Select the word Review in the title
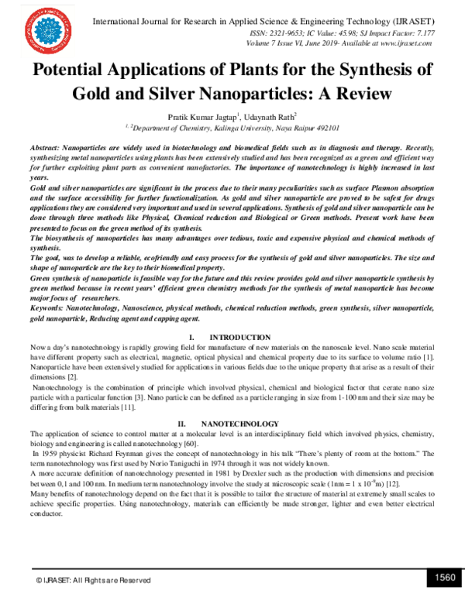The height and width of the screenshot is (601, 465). click(x=363, y=94)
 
